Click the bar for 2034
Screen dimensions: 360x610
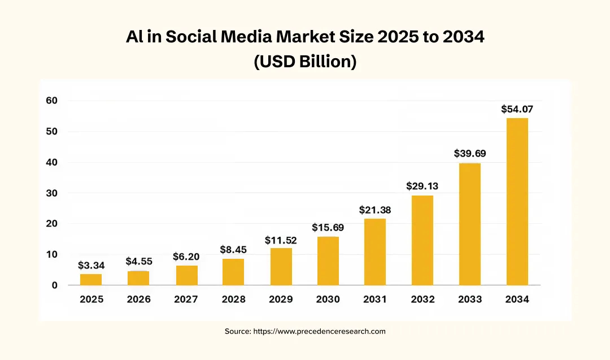[517, 201]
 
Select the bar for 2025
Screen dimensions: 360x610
[91, 279]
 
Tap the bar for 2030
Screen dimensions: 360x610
[328, 261]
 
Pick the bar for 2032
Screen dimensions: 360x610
[422, 240]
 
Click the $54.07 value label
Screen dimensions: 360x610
[517, 109]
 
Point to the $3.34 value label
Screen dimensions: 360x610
[91, 265]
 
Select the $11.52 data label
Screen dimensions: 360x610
[281, 240]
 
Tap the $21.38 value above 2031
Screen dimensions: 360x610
[375, 210]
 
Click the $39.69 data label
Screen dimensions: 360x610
[470, 154]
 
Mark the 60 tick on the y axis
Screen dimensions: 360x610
[51, 101]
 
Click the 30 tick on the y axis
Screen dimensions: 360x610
[51, 193]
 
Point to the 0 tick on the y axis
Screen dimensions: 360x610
[54, 285]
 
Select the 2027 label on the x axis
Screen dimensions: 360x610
[186, 300]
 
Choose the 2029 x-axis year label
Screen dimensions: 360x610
[281, 300]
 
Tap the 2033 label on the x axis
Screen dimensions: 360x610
[470, 300]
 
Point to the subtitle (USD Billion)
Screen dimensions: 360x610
[305, 61]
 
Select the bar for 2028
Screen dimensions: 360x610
[233, 272]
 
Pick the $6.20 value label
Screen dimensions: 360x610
[186, 257]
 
